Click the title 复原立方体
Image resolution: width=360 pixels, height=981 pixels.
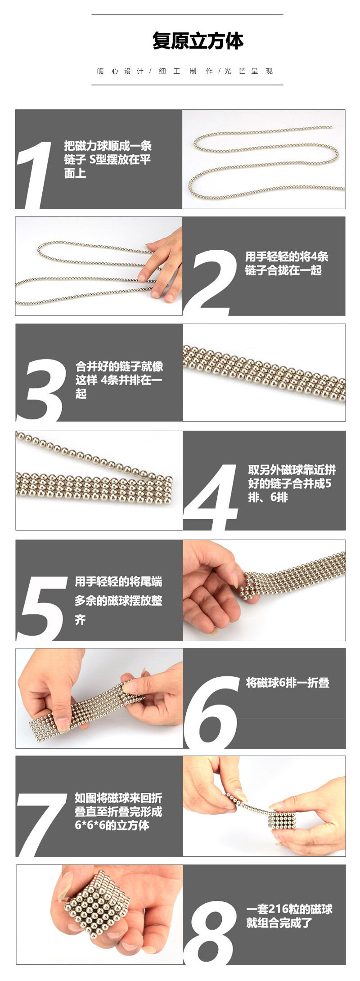198,41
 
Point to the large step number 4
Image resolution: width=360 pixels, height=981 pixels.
211,498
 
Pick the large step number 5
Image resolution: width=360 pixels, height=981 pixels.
43,608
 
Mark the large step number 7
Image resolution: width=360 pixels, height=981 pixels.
43,825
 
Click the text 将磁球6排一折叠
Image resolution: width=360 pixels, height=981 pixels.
288,683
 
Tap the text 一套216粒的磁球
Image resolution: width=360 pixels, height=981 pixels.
289,909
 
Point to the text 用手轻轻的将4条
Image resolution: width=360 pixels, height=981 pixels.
287,256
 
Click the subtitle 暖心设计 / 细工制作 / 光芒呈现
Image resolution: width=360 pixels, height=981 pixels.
185,71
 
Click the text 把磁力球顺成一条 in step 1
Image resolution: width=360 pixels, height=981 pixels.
108,146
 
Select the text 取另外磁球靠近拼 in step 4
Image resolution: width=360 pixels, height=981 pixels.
292,470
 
